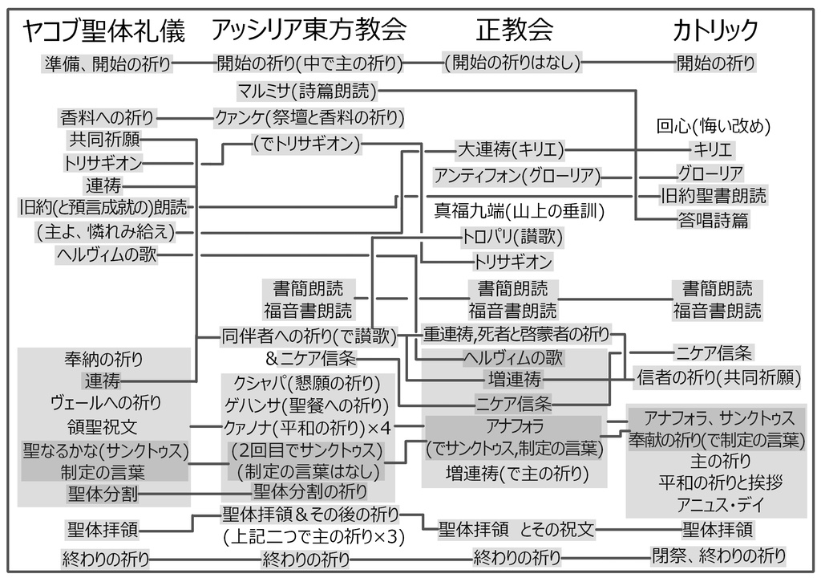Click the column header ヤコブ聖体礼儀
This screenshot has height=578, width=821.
tap(104, 31)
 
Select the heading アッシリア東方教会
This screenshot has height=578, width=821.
tap(309, 31)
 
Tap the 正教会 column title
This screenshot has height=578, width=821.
tap(515, 31)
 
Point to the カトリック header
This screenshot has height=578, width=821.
tap(715, 31)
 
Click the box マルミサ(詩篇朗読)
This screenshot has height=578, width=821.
tap(307, 89)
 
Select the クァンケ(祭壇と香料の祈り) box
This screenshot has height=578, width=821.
tap(309, 117)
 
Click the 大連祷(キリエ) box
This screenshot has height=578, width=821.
tap(511, 150)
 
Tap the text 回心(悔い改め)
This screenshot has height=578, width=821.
tap(714, 126)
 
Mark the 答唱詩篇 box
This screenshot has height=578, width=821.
tap(714, 220)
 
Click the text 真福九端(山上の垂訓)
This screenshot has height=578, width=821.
tap(520, 211)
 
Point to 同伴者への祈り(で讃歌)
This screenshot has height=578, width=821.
tap(309, 336)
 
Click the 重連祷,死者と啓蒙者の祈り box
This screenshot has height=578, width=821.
tap(516, 333)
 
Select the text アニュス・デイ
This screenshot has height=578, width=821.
tap(716, 506)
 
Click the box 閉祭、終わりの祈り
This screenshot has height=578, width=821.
tap(718, 555)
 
